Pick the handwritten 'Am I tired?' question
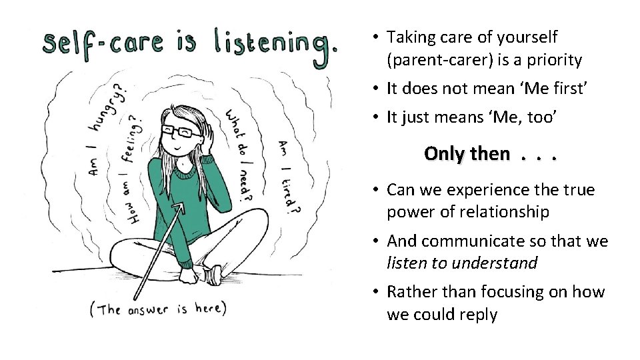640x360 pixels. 289,176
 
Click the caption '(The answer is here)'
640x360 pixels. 158,309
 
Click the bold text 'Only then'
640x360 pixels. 465,154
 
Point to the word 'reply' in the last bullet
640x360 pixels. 476,315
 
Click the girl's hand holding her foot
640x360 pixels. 197,273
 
